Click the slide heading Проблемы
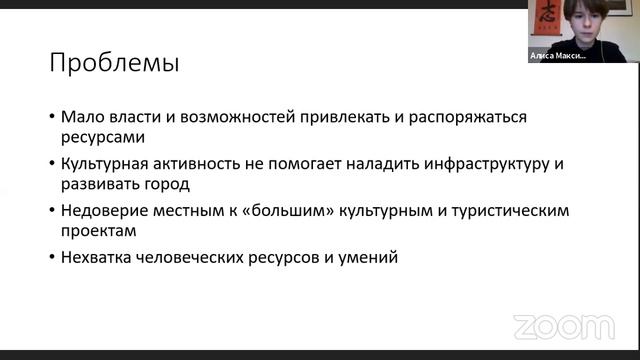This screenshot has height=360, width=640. pyautogui.click(x=115, y=65)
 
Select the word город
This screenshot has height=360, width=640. pyautogui.click(x=168, y=185)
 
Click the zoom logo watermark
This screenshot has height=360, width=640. pyautogui.click(x=563, y=327)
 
